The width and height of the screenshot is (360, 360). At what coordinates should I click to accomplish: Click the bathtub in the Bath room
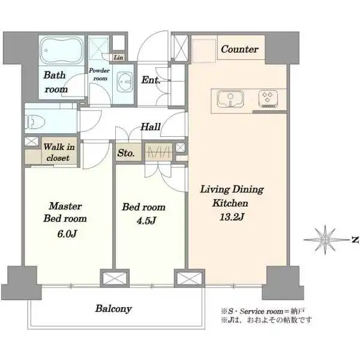pyautogui.click(x=62, y=50)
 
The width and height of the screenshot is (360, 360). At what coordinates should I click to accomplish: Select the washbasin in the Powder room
pyautogui.click(x=125, y=82)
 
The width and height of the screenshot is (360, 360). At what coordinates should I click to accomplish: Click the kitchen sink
pyautogui.click(x=230, y=98)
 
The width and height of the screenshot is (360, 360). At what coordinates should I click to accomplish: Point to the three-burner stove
pyautogui.click(x=268, y=99)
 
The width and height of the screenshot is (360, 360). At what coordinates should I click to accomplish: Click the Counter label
pyautogui.click(x=240, y=49)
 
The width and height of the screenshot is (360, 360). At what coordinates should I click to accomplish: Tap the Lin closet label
pyautogui.click(x=118, y=58)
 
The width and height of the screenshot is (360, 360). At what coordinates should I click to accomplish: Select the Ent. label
pyautogui.click(x=151, y=80)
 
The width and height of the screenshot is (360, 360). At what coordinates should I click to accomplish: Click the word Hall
pyautogui.click(x=151, y=127)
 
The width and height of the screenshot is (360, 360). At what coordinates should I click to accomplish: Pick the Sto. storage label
pyautogui.click(x=126, y=153)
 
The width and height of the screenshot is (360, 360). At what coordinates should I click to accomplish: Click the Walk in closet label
pyautogui.click(x=59, y=152)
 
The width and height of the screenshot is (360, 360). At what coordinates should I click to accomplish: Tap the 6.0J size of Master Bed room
pyautogui.click(x=67, y=234)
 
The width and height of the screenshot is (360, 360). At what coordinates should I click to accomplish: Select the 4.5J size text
pyautogui.click(x=146, y=221)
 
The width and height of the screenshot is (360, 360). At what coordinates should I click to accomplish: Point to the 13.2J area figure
pyautogui.click(x=232, y=217)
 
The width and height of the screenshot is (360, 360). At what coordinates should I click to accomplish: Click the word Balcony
pyautogui.click(x=113, y=309)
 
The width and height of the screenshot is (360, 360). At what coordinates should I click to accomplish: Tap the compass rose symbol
pyautogui.click(x=325, y=239)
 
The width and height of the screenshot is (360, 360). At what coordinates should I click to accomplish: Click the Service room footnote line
pyautogui.click(x=263, y=311)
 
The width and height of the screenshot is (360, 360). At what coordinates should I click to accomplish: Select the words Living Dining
pyautogui.click(x=232, y=190)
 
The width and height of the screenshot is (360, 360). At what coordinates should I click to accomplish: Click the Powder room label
pyautogui.click(x=100, y=74)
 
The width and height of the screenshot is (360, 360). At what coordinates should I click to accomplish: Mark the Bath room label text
pyautogui.click(x=55, y=82)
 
